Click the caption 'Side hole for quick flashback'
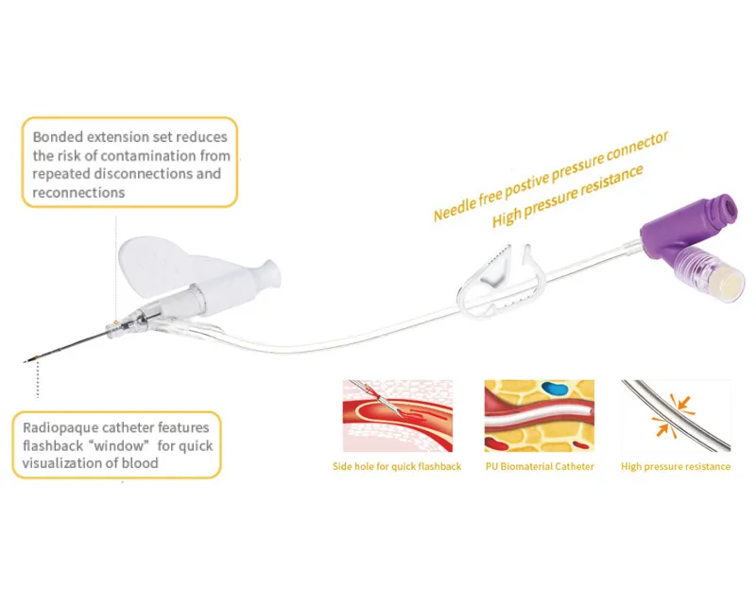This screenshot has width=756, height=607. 397,467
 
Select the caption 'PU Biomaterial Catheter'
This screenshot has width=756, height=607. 539,467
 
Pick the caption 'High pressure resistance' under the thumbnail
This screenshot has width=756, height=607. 676,467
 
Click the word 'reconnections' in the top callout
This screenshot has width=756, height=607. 78,192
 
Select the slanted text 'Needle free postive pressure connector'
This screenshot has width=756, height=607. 551,176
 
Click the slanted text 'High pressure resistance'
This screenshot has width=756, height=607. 567,197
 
